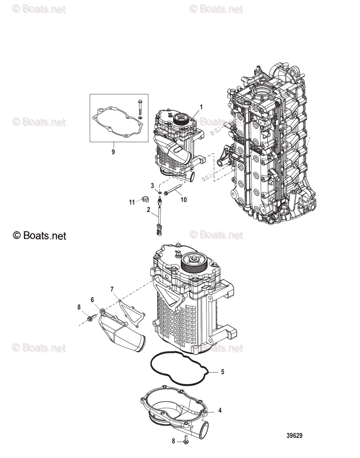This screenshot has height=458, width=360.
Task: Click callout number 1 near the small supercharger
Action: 201,107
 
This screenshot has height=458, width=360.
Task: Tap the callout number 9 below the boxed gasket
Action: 113,152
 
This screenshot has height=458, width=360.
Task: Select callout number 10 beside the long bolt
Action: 183,200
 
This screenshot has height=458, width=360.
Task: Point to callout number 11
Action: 132,202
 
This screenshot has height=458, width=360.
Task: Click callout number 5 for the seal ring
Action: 223,371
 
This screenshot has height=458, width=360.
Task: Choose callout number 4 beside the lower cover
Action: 220,411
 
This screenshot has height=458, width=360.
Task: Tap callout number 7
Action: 112,289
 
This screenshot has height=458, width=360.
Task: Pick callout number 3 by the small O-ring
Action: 152,185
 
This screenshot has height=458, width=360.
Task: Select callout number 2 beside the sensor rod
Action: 148,209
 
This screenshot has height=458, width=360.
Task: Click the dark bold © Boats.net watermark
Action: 39,235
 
